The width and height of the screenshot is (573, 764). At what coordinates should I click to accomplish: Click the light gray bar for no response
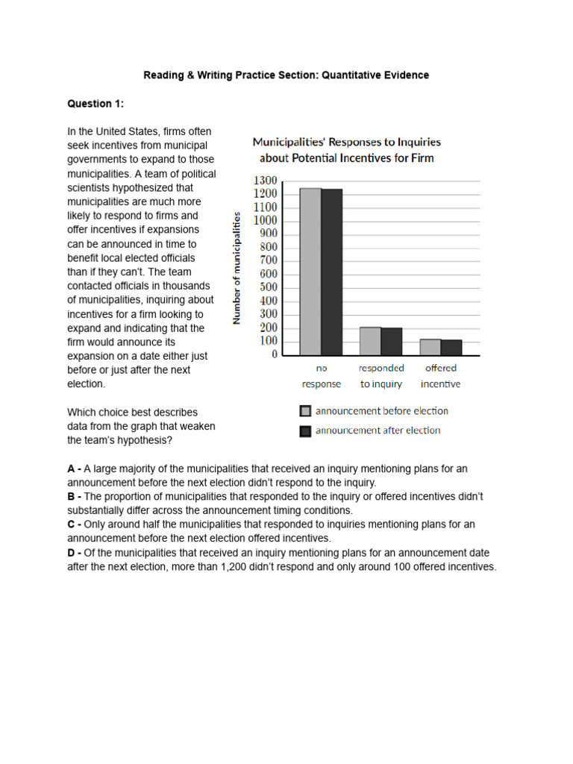pyautogui.click(x=310, y=272)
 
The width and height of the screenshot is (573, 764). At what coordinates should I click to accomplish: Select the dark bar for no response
pyautogui.click(x=332, y=272)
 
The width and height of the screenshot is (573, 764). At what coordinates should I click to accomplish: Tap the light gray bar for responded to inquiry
pyautogui.click(x=370, y=341)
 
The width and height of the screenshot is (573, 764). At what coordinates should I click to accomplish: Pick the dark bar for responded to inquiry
pyautogui.click(x=392, y=342)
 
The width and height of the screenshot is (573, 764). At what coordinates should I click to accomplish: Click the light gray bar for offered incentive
pyautogui.click(x=430, y=347)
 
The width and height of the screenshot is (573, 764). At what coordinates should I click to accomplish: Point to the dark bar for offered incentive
pyautogui.click(x=451, y=348)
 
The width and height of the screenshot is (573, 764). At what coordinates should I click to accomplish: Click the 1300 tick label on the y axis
pyautogui.click(x=265, y=181)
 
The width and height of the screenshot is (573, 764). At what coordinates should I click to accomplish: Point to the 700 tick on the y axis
pyautogui.click(x=268, y=260)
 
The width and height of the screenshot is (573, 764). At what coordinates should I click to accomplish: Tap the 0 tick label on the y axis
pyautogui.click(x=274, y=355)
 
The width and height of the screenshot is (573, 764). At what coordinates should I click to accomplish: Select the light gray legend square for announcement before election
pyautogui.click(x=305, y=411)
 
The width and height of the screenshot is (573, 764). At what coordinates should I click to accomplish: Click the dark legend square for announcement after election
pyautogui.click(x=305, y=430)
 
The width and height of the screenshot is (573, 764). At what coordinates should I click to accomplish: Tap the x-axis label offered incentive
pyautogui.click(x=440, y=376)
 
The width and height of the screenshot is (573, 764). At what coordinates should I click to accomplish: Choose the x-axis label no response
pyautogui.click(x=322, y=376)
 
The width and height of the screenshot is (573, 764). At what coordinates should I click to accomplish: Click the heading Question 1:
pyautogui.click(x=95, y=104)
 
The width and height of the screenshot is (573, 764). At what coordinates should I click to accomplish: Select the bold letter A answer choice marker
pyautogui.click(x=71, y=469)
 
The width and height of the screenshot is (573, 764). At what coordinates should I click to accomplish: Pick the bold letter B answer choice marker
pyautogui.click(x=71, y=496)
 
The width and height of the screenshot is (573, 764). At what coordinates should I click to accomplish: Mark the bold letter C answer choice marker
pyautogui.click(x=71, y=525)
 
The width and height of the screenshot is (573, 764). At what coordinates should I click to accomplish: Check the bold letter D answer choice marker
pyautogui.click(x=71, y=552)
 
